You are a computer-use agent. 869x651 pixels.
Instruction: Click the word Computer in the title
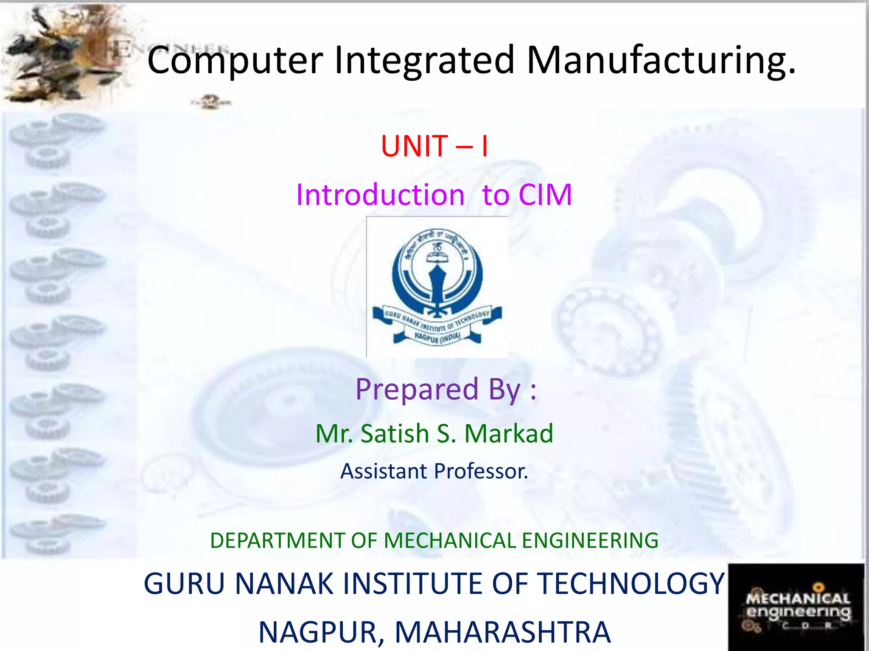coord(235,61)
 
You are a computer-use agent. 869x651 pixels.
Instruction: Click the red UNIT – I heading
coord(434,146)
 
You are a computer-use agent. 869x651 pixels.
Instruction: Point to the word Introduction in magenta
coord(380,195)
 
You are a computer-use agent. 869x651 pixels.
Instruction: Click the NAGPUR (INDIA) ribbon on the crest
coord(437,337)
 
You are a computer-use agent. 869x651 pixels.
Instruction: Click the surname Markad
coord(509,434)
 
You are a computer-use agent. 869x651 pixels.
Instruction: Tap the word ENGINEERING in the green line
coord(590,541)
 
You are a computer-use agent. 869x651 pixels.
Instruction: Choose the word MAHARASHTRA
coord(502,632)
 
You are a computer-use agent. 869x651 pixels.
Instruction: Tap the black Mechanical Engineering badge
coord(796,607)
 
